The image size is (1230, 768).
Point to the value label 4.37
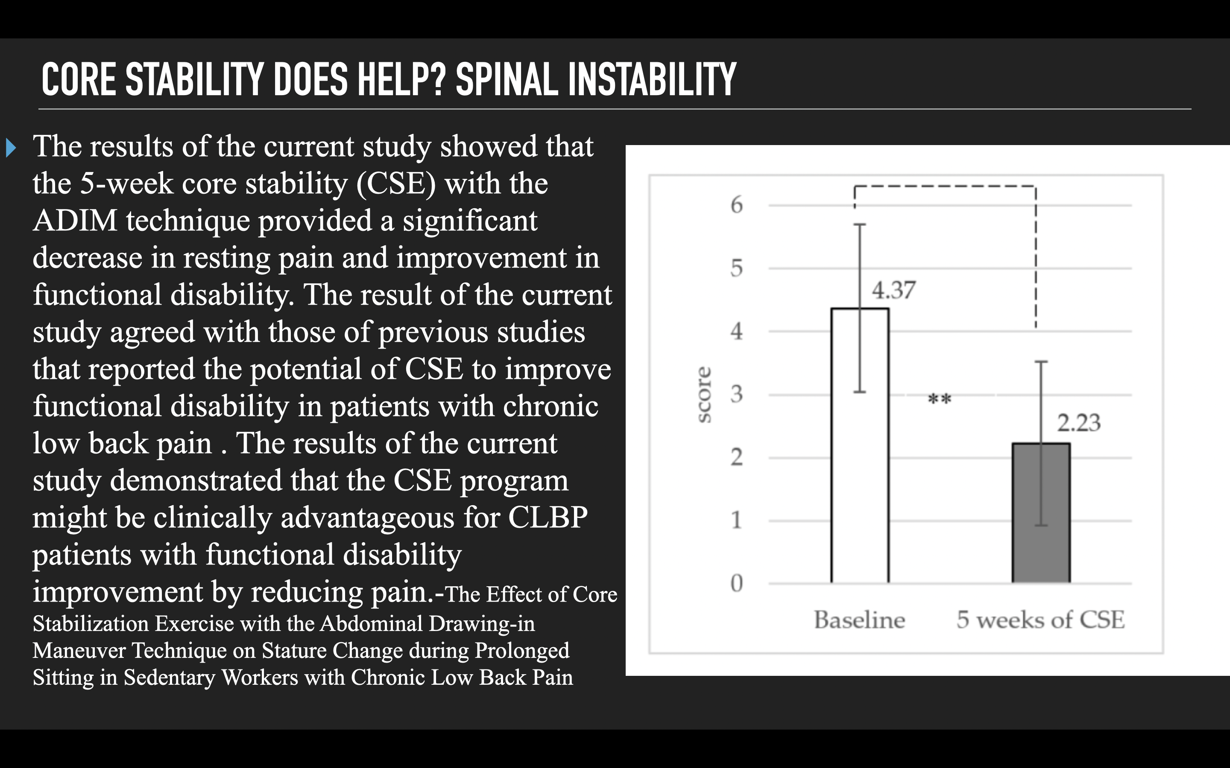[893, 291]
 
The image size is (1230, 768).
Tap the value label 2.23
[1078, 422]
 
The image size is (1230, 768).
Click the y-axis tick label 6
[736, 205]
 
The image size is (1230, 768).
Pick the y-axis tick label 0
[736, 583]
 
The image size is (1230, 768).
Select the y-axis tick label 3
[736, 394]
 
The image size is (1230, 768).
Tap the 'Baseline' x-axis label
[859, 620]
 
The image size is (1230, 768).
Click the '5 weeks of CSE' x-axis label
[1040, 620]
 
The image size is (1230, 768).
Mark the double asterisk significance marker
[939, 399]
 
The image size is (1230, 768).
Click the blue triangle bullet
[11, 148]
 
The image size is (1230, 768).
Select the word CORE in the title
[79, 79]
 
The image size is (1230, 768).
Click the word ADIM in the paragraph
[75, 221]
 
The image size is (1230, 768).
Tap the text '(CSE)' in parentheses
[396, 184]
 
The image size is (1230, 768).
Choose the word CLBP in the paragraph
[548, 518]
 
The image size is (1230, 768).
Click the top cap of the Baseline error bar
[859, 224]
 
